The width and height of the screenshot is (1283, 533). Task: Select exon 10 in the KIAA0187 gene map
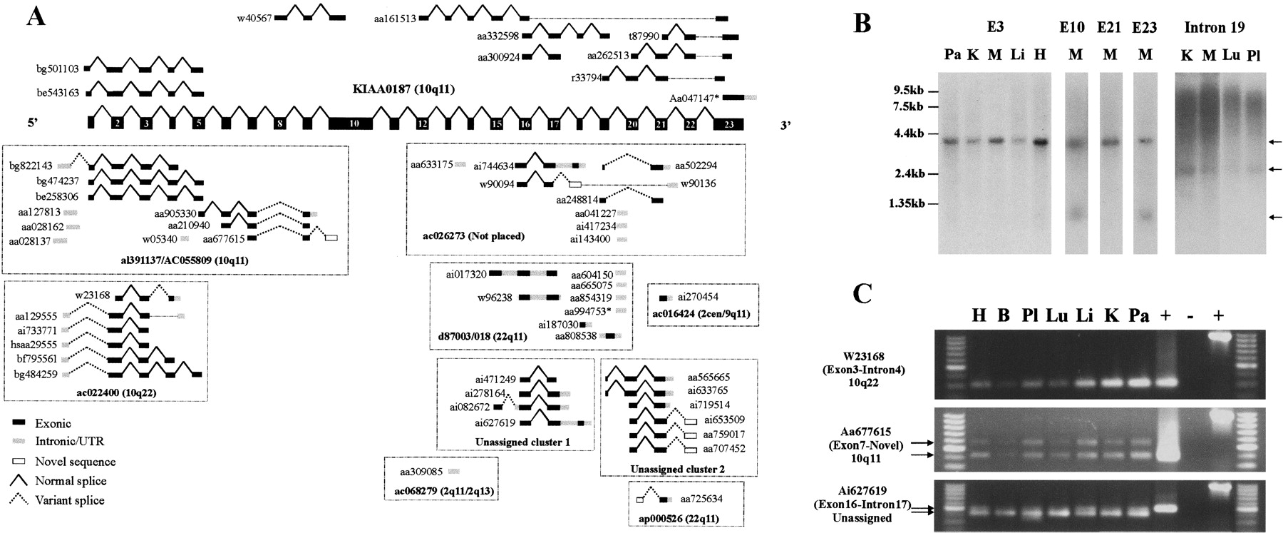[353, 123]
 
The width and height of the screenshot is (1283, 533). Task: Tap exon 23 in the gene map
[728, 123]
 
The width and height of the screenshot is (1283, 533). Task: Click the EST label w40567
[254, 18]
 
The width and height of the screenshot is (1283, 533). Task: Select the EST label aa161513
[395, 18]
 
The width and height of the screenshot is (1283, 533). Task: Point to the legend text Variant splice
[73, 500]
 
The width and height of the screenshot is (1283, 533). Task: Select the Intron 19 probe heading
[1215, 28]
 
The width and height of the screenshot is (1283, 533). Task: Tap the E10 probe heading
[1072, 28]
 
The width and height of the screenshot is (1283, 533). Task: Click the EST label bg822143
[31, 165]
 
